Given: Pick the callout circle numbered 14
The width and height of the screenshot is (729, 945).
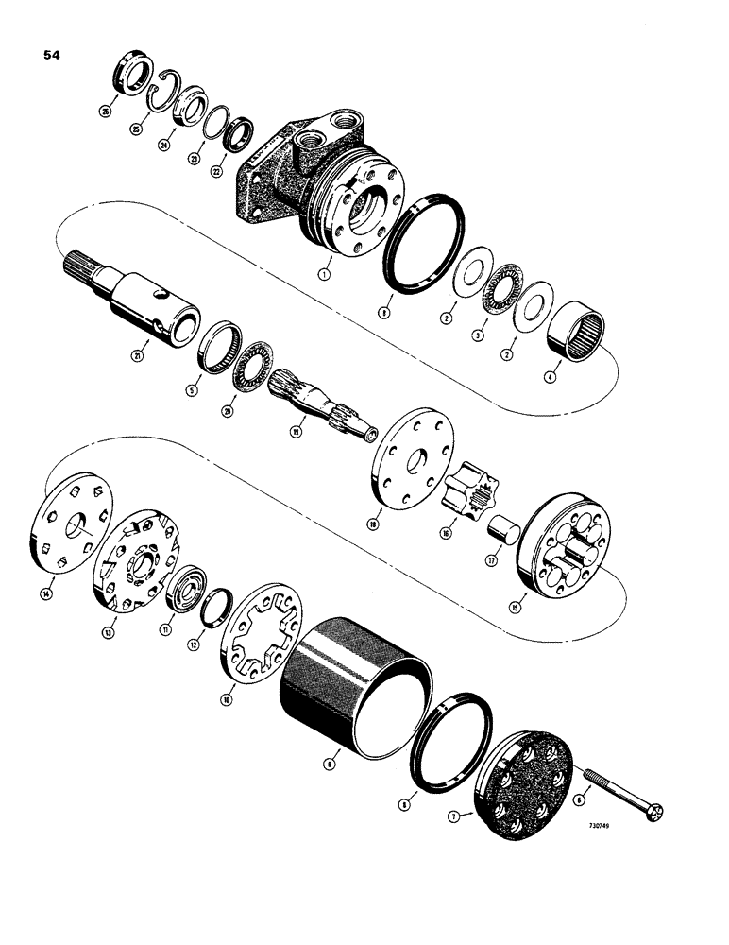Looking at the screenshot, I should coord(47,593).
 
